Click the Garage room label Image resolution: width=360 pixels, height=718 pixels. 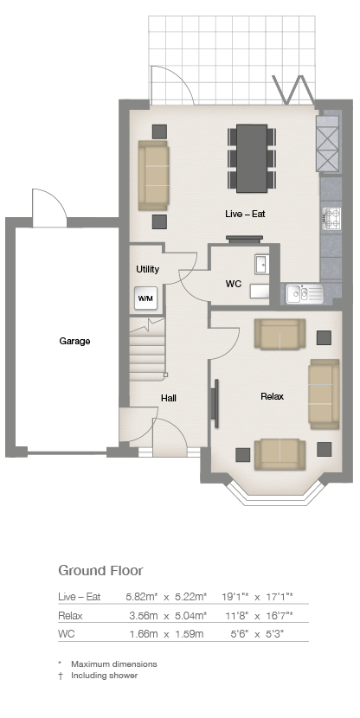pyautogui.click(x=74, y=341)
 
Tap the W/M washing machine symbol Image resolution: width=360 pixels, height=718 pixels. pyautogui.click(x=145, y=298)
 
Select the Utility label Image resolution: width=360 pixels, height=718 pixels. pyautogui.click(x=147, y=269)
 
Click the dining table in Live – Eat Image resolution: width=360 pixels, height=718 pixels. pyautogui.click(x=252, y=158)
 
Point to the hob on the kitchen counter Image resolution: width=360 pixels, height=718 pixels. pyautogui.click(x=331, y=218)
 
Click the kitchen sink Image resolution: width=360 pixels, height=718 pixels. pyautogui.click(x=305, y=294)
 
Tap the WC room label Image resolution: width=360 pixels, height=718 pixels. pyautogui.click(x=233, y=284)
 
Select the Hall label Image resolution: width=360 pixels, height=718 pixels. pyautogui.click(x=169, y=399)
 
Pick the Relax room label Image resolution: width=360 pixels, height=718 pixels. pyautogui.click(x=272, y=396)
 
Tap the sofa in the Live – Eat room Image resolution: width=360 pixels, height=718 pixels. pyautogui.click(x=153, y=176)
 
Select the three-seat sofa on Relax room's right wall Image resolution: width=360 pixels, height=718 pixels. pyautogui.click(x=324, y=394)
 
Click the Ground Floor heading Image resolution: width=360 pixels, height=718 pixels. pyautogui.click(x=100, y=571)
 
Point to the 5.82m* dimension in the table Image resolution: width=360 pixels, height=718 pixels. pyautogui.click(x=142, y=597)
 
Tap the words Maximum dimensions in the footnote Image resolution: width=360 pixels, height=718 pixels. pyautogui.click(x=114, y=664)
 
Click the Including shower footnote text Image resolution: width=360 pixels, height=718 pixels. pyautogui.click(x=104, y=676)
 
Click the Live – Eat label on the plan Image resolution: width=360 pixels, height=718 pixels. pyautogui.click(x=245, y=214)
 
